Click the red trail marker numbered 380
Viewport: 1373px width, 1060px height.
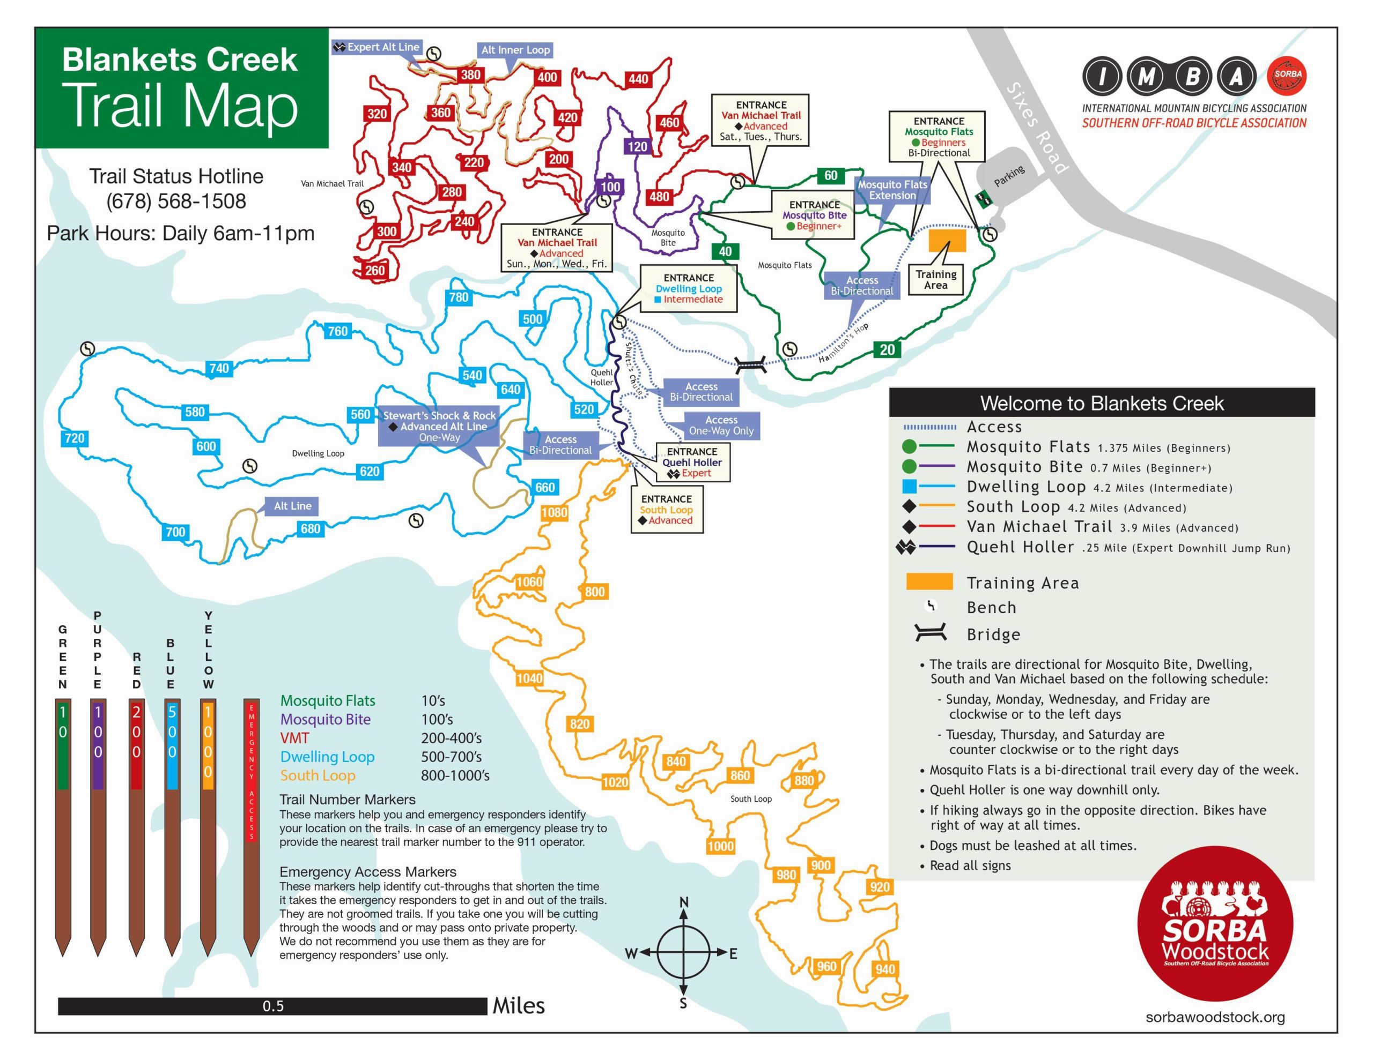pos(470,75)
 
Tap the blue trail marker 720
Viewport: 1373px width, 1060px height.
pos(74,438)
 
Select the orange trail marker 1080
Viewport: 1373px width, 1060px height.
pos(554,513)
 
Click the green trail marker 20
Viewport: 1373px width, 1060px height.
pos(887,350)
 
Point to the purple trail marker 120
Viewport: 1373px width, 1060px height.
pos(637,146)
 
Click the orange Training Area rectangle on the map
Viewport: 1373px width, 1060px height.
pos(947,241)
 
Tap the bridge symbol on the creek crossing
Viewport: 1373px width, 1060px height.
pos(751,364)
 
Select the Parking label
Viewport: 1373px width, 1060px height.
pos(1009,176)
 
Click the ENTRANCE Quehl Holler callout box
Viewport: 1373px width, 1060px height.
pos(692,462)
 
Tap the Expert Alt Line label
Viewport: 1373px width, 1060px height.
pos(377,47)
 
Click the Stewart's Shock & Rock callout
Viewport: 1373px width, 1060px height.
pos(439,426)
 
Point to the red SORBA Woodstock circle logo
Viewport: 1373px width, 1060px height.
pos(1215,924)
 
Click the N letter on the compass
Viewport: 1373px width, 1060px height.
pos(683,902)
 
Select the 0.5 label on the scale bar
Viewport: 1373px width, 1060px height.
pos(273,1006)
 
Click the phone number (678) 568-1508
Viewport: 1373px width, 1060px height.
pos(176,201)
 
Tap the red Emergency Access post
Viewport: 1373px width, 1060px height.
pos(252,817)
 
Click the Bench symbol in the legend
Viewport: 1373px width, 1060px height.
pos(931,606)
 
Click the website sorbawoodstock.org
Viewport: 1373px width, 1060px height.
pos(1215,1017)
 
